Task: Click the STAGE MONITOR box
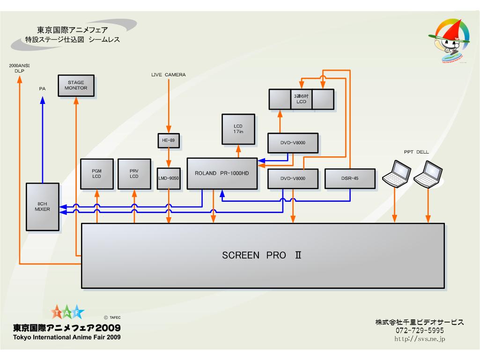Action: (x=76, y=85)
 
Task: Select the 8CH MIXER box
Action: (x=43, y=206)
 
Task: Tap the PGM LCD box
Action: (x=97, y=174)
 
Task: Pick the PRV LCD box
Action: (x=134, y=174)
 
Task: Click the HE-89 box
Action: (x=169, y=140)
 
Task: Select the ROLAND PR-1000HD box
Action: (x=222, y=173)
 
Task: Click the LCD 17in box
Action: (x=238, y=129)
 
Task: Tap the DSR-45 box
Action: (x=350, y=178)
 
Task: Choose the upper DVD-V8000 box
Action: (x=293, y=143)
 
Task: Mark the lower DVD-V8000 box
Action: (x=293, y=178)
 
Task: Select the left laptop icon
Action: (x=396, y=173)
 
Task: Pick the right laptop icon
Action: (x=428, y=173)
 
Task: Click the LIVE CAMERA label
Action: (x=169, y=74)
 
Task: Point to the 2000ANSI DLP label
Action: (x=19, y=68)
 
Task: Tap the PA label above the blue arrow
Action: (x=42, y=88)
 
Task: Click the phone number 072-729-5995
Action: (x=419, y=331)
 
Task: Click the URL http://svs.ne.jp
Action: (x=419, y=338)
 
